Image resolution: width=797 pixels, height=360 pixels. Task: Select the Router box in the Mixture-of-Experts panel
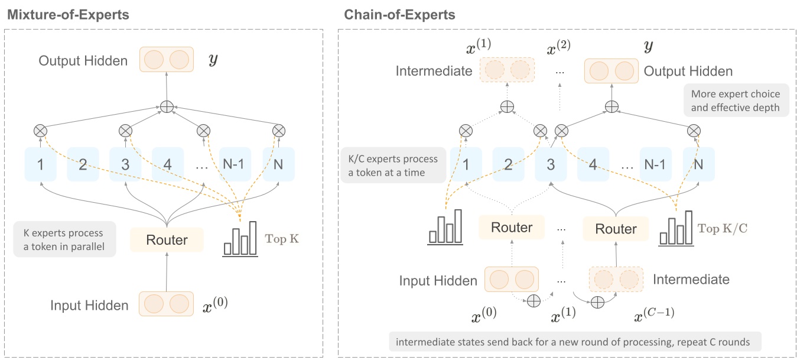(x=167, y=239)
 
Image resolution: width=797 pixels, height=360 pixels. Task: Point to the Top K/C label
(x=723, y=228)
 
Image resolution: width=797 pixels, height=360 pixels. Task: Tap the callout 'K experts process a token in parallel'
(x=63, y=239)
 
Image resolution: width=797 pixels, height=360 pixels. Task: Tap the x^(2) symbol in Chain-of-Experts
(x=558, y=47)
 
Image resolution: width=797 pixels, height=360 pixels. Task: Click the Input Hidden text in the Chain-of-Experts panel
(x=438, y=280)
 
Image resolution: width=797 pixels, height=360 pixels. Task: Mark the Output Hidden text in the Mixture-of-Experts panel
(x=83, y=60)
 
